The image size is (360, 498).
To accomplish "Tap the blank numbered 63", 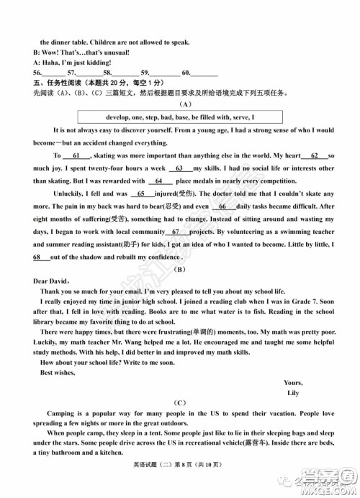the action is (178, 168).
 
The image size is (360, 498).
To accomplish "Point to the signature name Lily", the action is (293, 394).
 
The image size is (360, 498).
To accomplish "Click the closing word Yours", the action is (294, 383).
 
